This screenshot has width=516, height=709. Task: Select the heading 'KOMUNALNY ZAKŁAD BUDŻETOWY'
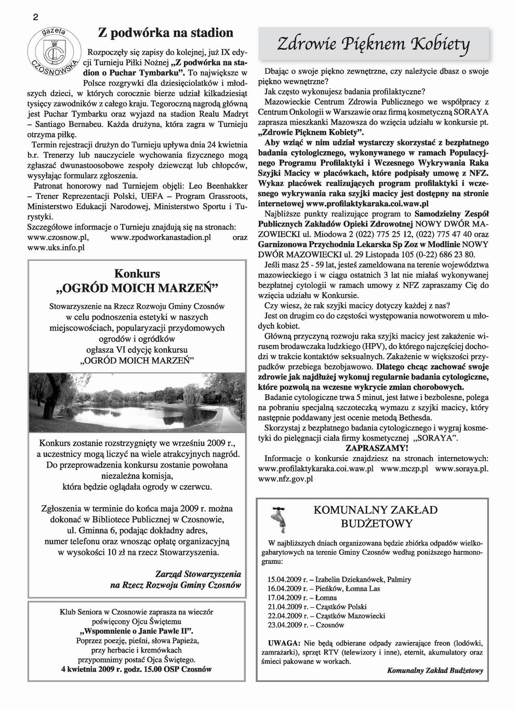click(x=375, y=516)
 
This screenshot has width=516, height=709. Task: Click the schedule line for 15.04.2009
click(x=339, y=579)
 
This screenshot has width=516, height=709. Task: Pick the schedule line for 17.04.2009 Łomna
click(x=302, y=597)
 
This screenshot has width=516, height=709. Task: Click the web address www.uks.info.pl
click(x=56, y=248)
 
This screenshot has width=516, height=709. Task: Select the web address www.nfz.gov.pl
click(x=285, y=478)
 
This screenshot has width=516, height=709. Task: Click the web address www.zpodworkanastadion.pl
click(x=162, y=237)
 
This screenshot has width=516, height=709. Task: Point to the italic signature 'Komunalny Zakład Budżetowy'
click(x=435, y=670)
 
